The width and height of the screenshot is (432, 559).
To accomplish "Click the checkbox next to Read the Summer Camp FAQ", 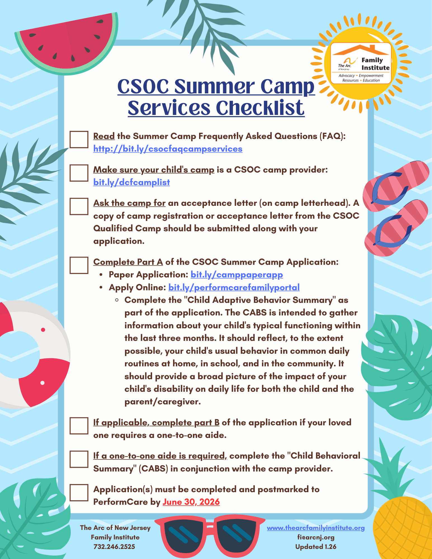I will (x=79, y=139).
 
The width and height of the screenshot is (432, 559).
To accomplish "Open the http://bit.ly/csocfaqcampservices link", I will (x=168, y=149).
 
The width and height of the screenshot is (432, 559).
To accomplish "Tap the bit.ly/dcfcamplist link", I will (x=131, y=182).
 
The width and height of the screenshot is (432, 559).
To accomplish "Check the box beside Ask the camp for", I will (x=79, y=206).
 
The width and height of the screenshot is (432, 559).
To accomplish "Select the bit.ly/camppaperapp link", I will (x=237, y=275).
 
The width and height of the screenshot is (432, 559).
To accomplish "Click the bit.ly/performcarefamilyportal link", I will (x=234, y=287).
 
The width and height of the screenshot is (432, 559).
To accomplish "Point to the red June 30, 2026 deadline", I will (x=191, y=502).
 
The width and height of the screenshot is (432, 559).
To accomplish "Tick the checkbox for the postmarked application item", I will (x=79, y=492).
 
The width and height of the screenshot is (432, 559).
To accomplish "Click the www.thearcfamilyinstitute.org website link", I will (x=316, y=528).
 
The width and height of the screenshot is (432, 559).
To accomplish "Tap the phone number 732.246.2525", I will (x=114, y=546).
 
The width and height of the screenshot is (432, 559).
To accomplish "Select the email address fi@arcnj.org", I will (x=316, y=537).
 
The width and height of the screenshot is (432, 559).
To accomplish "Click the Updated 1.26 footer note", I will (x=316, y=546).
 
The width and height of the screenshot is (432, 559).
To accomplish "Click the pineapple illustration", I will (x=403, y=526).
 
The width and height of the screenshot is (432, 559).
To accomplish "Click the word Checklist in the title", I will (x=260, y=108).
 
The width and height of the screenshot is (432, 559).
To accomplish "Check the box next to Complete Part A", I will (x=79, y=265).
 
